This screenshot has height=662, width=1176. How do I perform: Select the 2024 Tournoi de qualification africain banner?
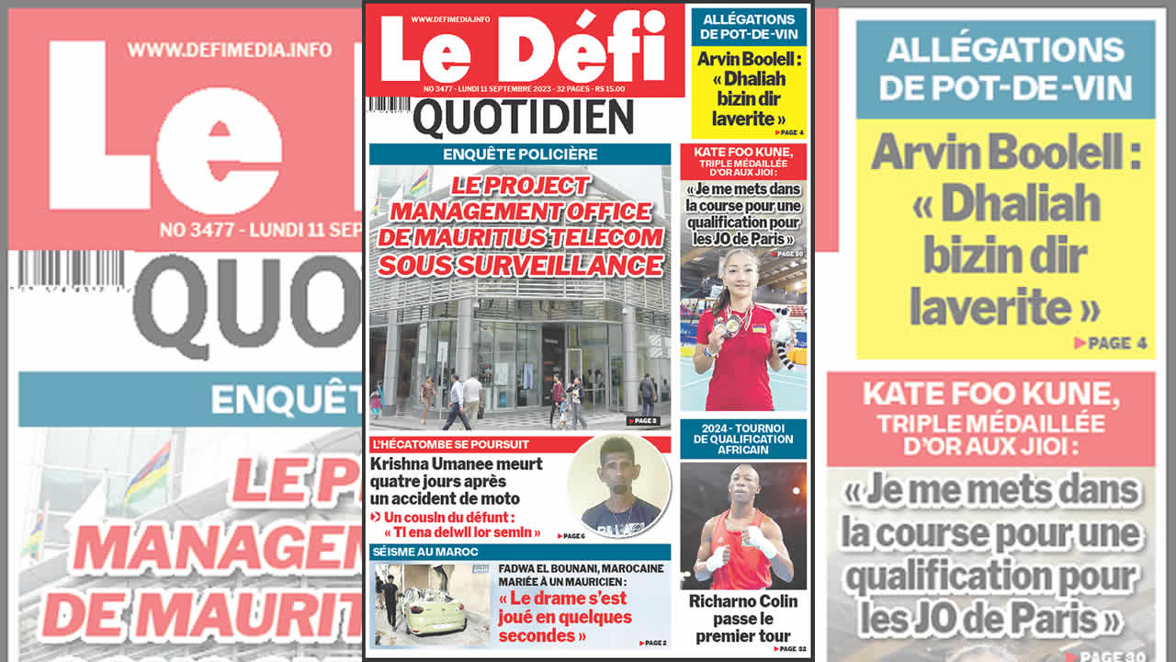click(743, 439)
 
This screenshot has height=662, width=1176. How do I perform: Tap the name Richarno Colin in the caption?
click(743, 602)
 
